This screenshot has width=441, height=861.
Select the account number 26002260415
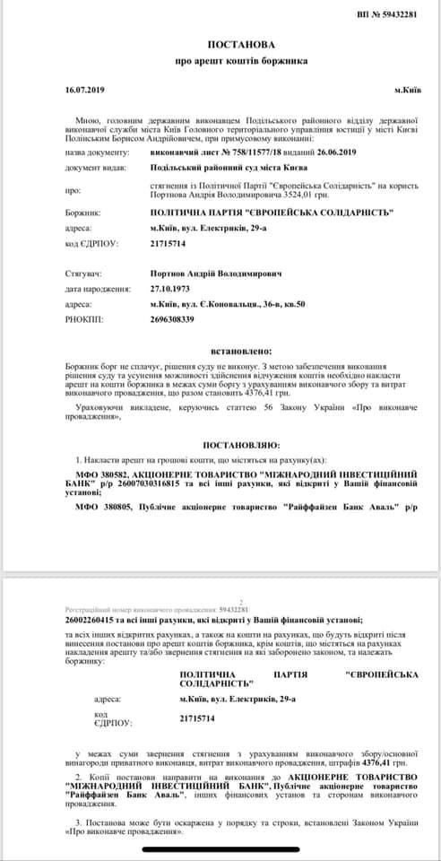coord(94,620)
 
